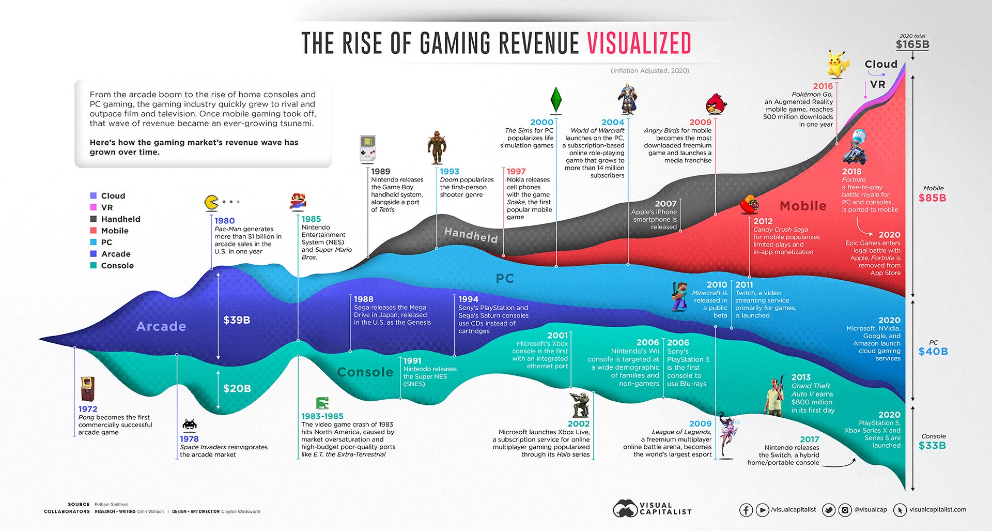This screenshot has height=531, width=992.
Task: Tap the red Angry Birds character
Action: [716, 103]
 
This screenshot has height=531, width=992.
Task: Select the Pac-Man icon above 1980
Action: [211, 202]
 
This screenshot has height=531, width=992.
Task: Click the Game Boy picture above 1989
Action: [367, 148]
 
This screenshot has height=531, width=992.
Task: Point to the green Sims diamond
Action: [556, 99]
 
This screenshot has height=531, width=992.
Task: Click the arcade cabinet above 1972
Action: [88, 389]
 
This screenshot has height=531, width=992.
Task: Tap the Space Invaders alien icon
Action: [190, 424]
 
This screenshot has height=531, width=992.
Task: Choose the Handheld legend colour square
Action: [94, 219]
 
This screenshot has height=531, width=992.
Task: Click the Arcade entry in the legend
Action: [116, 254]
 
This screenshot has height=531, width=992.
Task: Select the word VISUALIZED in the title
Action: [639, 43]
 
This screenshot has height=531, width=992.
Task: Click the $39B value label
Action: [237, 320]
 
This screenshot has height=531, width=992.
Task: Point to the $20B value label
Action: [237, 388]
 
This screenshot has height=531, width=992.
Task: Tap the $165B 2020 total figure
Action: [912, 44]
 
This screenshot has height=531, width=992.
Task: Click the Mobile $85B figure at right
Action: [932, 198]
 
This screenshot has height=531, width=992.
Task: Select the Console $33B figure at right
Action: [932, 445]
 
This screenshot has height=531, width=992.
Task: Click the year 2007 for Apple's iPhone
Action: [665, 204]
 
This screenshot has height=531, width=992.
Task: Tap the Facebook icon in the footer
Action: [746, 510]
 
